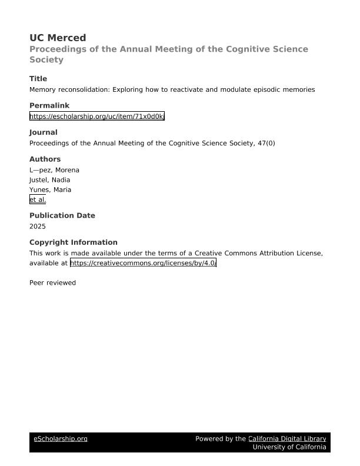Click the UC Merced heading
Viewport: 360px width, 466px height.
point(58,38)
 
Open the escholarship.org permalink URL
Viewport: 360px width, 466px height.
point(97,116)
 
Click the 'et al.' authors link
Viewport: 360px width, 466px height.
point(38,200)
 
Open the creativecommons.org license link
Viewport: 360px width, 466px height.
point(143,263)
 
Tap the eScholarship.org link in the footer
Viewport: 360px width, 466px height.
point(61,439)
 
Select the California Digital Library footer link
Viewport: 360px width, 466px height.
point(287,439)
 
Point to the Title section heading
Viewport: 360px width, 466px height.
point(38,79)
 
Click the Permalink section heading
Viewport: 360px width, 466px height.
point(49,106)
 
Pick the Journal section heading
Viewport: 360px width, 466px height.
point(44,132)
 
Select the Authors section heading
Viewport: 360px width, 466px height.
point(45,159)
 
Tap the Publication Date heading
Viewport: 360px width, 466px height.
point(62,215)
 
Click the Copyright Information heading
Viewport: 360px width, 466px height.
point(73,242)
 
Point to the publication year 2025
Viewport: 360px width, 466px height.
point(38,226)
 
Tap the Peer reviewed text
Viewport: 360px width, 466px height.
point(52,283)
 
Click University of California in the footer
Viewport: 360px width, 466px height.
point(289,447)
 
